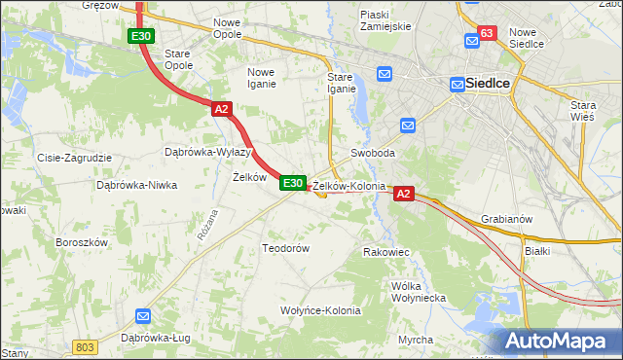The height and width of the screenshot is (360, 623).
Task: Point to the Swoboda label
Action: click(x=373, y=154)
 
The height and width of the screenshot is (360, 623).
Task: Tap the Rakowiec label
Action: click(x=385, y=252)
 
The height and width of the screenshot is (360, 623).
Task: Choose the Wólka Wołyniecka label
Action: click(x=418, y=292)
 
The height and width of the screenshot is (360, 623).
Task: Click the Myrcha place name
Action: click(x=416, y=339)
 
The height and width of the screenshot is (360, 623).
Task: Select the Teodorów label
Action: click(x=285, y=248)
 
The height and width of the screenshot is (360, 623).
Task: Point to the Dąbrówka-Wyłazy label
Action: click(x=208, y=152)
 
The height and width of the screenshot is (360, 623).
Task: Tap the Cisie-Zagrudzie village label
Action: click(x=74, y=157)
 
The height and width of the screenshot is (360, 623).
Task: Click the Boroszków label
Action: click(x=80, y=241)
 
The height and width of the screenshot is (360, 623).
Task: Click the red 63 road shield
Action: click(x=488, y=33)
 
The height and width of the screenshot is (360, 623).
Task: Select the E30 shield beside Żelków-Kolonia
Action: click(x=294, y=182)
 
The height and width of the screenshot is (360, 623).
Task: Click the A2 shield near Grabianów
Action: click(x=405, y=195)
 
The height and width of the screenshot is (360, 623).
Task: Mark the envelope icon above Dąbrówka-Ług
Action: click(x=143, y=315)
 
